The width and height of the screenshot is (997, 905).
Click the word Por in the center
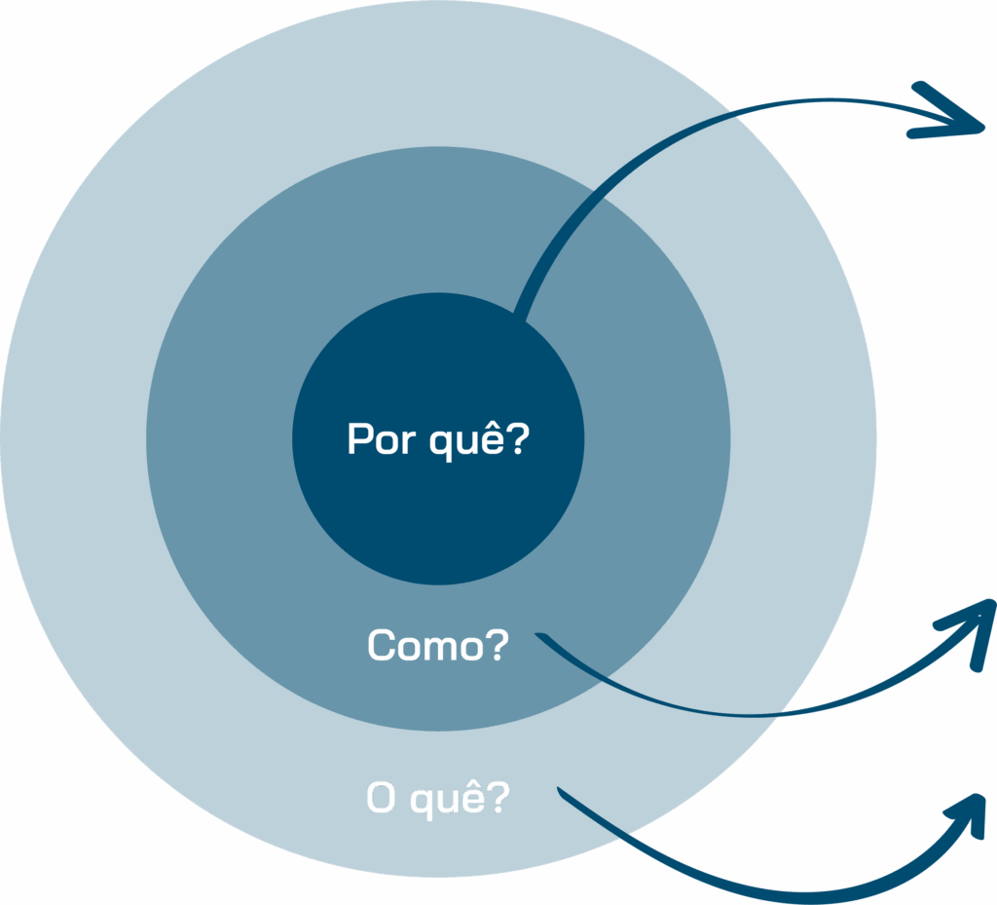click(x=382, y=438)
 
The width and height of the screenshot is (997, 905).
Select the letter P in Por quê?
click(x=359, y=438)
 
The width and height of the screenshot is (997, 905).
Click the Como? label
click(x=438, y=645)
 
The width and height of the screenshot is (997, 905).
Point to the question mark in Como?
click(x=498, y=644)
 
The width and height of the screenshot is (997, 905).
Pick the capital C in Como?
click(x=380, y=645)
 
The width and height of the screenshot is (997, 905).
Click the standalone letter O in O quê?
click(x=381, y=797)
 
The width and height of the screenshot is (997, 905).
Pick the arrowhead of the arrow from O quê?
click(x=968, y=815)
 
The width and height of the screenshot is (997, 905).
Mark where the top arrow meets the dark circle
click(x=520, y=317)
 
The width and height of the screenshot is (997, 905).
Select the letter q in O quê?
click(x=423, y=804)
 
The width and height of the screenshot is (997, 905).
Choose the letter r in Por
click(x=409, y=443)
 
